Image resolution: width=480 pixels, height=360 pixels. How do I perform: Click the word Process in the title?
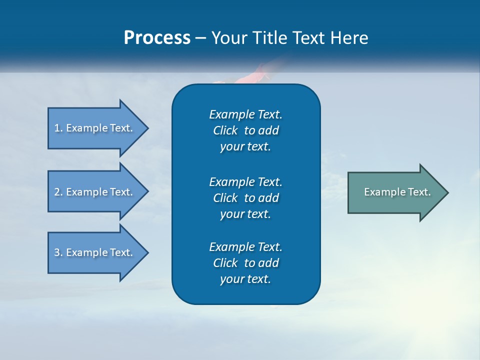click(x=157, y=38)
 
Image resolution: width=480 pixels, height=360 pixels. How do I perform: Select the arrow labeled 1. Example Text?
click(x=95, y=128)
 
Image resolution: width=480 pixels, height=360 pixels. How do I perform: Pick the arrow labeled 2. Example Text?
click(x=95, y=192)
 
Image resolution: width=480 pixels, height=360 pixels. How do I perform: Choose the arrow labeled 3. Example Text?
click(x=95, y=252)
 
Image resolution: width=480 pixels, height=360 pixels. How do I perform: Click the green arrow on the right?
click(x=395, y=192)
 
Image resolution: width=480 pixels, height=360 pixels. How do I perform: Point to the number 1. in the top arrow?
click(x=58, y=128)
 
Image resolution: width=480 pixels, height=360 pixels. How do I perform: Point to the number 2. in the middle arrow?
click(x=58, y=192)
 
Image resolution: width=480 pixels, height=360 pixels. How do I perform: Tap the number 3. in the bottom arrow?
click(x=58, y=252)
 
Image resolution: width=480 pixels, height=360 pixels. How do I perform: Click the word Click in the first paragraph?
click(x=225, y=130)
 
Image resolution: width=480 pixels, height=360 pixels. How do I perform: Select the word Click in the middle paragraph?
click(x=225, y=198)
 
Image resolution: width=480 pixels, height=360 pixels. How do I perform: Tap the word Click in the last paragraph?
click(x=225, y=263)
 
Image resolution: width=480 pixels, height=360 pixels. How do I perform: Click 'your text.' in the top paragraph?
click(x=245, y=147)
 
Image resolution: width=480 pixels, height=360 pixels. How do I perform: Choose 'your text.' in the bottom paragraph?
click(x=245, y=279)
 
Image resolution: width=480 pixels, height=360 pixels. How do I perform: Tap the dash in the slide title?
click(x=201, y=38)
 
